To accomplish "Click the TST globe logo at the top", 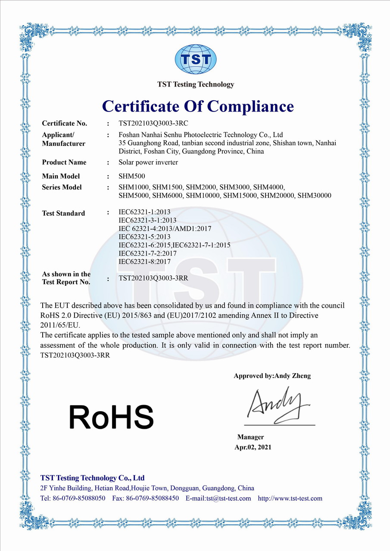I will click(x=195, y=60).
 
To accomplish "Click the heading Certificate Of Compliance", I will click(x=198, y=106).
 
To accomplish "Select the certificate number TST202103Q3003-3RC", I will click(x=153, y=123).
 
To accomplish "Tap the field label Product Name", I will click(x=64, y=162).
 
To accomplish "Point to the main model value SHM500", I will click(x=129, y=176).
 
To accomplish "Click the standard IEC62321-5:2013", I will click(x=144, y=237).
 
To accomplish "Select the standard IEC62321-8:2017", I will click(x=144, y=261).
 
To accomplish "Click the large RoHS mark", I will click(x=111, y=417).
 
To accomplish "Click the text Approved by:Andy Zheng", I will click(x=272, y=376).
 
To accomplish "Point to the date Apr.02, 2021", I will click(x=253, y=447).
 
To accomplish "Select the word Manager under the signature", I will click(x=250, y=437).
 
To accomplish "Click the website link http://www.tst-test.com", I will click(x=290, y=498).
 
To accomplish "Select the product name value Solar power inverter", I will click(x=148, y=162).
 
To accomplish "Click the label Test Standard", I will click(x=63, y=213).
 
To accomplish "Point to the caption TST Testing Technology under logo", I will click(x=196, y=84).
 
